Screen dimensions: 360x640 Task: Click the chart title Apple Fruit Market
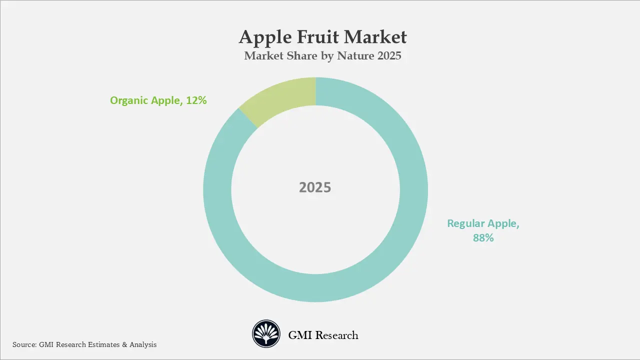(x=322, y=37)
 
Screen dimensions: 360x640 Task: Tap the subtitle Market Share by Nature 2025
(x=322, y=55)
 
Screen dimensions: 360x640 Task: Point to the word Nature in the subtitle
(x=356, y=55)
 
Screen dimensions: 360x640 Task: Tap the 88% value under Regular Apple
(x=483, y=238)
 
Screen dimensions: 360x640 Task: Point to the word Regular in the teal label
(x=466, y=223)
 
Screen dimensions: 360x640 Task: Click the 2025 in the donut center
(x=315, y=187)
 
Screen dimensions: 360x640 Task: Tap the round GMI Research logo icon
(x=266, y=334)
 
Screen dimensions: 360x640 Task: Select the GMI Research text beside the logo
(x=323, y=335)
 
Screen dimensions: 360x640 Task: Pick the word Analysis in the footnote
(x=143, y=344)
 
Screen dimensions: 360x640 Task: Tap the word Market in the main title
(x=377, y=37)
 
